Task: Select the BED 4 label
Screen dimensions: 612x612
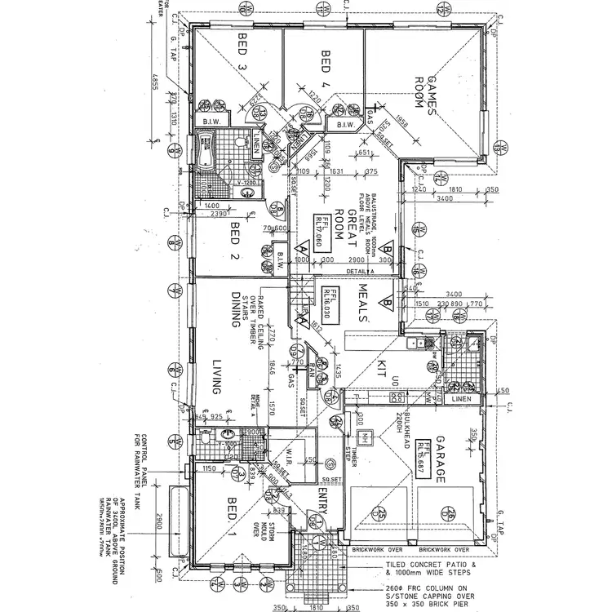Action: point(326,65)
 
